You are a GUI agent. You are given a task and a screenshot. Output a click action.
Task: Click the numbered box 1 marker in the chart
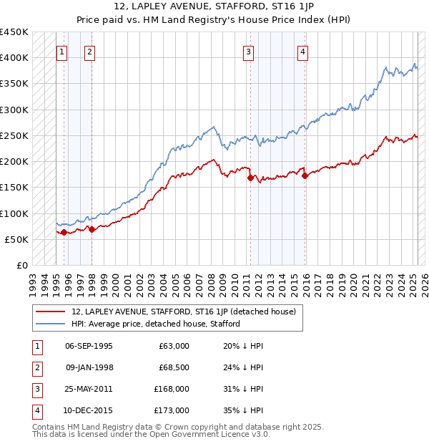tap(61, 51)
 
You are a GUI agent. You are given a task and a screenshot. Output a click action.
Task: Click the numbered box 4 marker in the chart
tap(303, 51)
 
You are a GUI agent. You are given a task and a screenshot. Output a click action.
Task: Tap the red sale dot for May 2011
tap(250, 178)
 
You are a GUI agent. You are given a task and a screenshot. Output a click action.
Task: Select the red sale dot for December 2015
tap(305, 175)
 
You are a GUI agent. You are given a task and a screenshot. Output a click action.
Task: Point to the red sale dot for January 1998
tap(92, 230)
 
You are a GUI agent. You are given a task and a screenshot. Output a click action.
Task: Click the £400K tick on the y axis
tap(14, 58)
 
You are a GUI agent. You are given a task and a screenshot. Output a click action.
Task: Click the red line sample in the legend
tap(50, 312)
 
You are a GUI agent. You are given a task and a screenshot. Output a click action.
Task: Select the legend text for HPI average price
tap(155, 324)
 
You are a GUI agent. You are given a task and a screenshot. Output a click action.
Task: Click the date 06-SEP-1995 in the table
tap(89, 346)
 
